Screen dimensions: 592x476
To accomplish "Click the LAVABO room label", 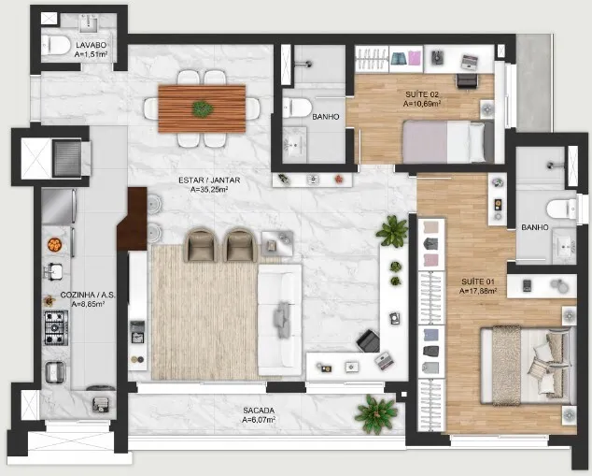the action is tap(91, 45).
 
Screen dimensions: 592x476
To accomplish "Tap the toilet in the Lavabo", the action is tap(56, 46).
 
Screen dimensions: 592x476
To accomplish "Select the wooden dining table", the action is tap(202, 108).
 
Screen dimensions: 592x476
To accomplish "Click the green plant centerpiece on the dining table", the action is tap(203, 108).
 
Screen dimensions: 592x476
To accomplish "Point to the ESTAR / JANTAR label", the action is tap(209, 180).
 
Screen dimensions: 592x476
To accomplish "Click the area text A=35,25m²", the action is tap(209, 190).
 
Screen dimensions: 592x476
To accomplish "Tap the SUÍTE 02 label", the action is tap(422, 94).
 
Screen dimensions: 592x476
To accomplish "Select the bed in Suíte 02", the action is tap(448, 141).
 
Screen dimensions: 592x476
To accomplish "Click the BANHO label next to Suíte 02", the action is tap(326, 117).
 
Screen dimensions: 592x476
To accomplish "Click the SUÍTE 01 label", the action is tap(478, 281).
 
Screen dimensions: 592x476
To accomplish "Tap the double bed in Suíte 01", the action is tap(528, 366).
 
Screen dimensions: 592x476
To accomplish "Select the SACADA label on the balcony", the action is tap(259, 411).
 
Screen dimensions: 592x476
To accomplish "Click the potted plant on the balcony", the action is tap(376, 414).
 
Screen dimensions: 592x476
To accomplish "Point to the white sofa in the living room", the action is tap(280, 320).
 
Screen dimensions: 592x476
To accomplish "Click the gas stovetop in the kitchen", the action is tap(57, 327).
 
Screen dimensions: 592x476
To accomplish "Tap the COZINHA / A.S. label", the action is tap(88, 295).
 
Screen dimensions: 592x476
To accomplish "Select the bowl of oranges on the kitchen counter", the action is tap(55, 244).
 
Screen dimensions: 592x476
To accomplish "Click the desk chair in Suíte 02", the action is tap(468, 81).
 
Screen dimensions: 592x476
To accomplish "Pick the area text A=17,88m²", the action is tap(478, 291).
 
